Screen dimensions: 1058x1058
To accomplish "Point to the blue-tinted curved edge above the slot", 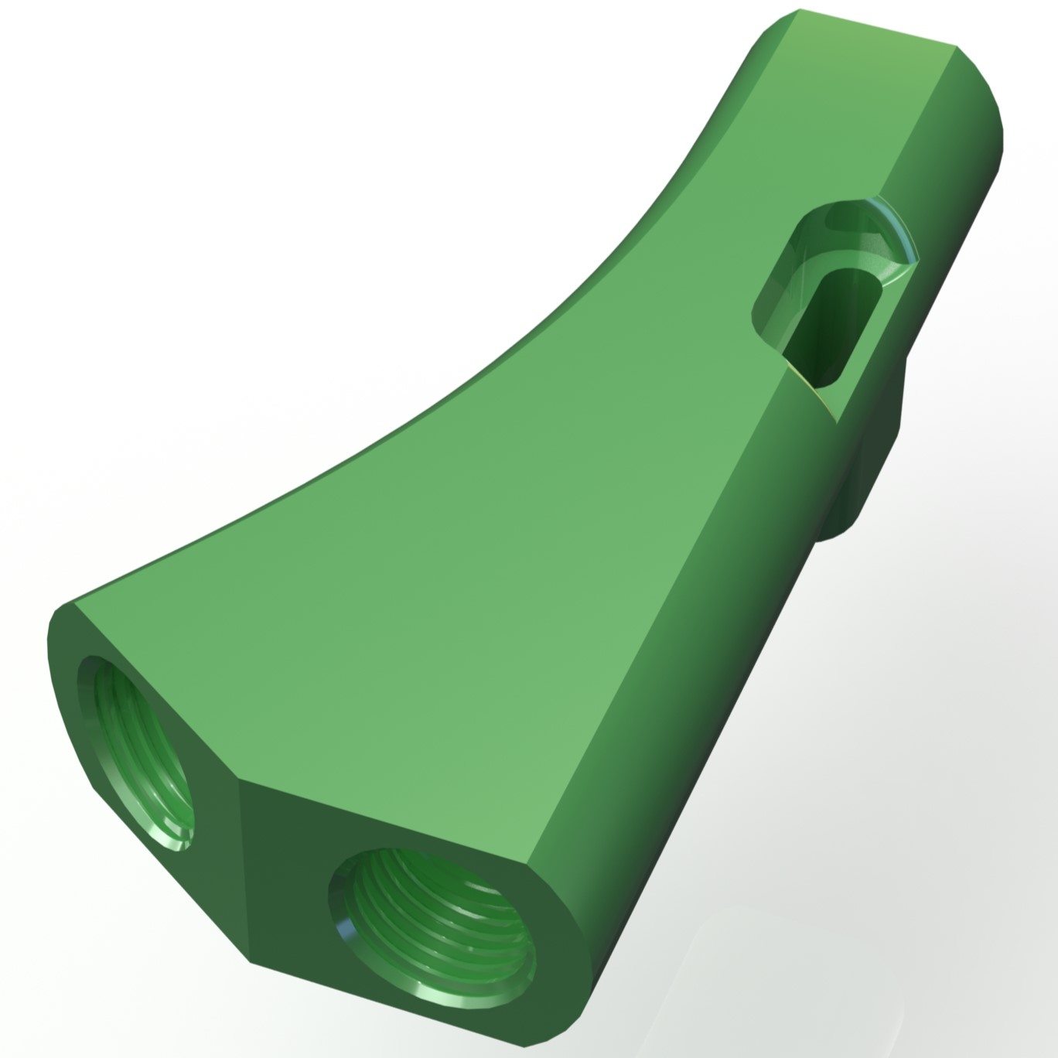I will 897,224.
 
